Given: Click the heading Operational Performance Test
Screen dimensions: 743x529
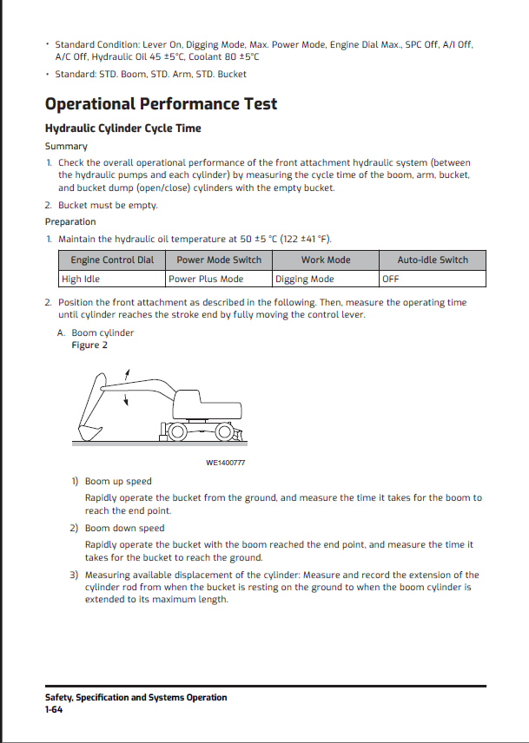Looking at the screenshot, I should tap(161, 104).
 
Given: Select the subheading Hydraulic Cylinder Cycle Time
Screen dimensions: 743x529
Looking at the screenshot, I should tap(122, 128).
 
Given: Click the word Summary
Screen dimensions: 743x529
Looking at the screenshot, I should tap(66, 146).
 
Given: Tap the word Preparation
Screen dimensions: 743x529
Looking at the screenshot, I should tap(70, 221).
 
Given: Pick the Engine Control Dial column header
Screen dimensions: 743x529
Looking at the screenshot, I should tap(112, 260).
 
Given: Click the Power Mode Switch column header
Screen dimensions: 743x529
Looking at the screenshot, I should tap(219, 260).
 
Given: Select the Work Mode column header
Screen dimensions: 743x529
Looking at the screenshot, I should tap(326, 260).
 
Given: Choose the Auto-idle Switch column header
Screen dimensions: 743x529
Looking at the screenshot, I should tap(433, 260).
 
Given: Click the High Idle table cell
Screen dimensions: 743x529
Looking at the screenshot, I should tap(79, 279).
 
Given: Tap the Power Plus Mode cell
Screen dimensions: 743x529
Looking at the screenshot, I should tap(206, 279).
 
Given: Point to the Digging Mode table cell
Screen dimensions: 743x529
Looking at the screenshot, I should tap(305, 279).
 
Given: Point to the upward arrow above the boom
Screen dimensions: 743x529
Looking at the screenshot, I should tap(129, 372).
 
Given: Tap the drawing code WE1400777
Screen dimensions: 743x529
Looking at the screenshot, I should tap(225, 463).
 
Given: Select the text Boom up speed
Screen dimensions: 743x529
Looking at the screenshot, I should tap(118, 481).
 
